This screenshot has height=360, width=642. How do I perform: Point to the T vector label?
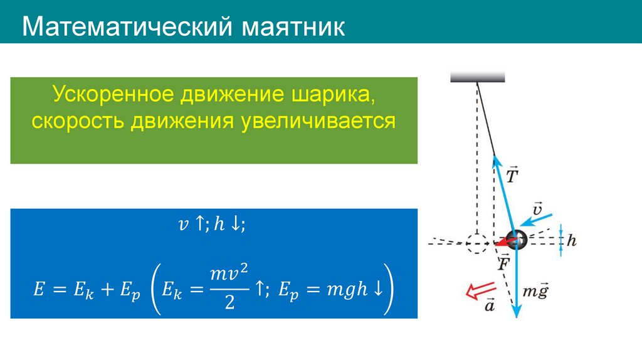(x=512, y=175)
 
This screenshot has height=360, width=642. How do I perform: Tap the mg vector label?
(x=535, y=292)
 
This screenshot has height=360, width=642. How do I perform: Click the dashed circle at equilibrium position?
(x=476, y=242)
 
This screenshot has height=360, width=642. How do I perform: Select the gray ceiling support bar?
(x=478, y=77)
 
